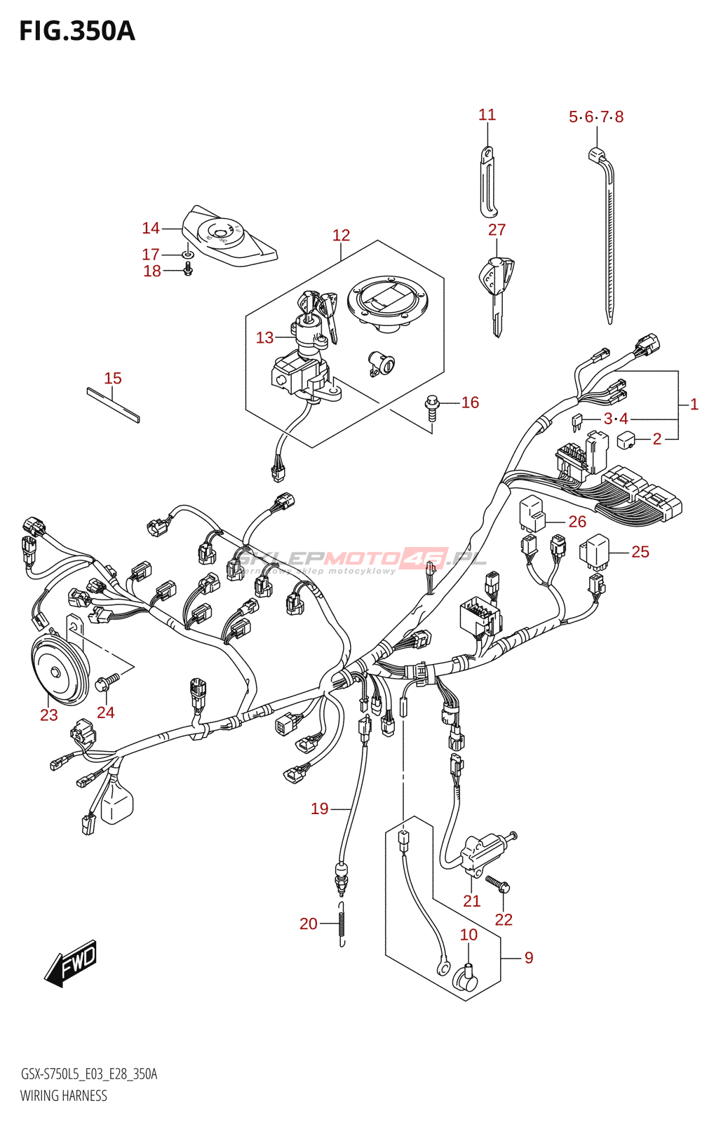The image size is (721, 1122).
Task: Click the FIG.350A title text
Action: [76, 32]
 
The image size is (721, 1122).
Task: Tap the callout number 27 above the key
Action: [497, 230]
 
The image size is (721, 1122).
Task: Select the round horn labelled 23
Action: [60, 671]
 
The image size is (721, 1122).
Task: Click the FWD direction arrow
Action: [71, 962]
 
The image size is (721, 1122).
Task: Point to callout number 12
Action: [341, 236]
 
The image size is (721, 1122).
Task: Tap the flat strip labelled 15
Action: [113, 405]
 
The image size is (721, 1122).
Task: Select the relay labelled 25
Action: [595, 551]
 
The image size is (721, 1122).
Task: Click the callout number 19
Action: [319, 809]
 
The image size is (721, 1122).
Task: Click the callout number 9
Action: [529, 958]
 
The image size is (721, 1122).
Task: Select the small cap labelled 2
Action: [626, 440]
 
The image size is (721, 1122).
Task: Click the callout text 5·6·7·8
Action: [595, 117]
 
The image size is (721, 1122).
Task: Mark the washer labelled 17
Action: [188, 254]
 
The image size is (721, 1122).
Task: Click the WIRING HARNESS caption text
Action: [64, 1096]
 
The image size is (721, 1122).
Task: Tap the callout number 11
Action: [487, 115]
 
